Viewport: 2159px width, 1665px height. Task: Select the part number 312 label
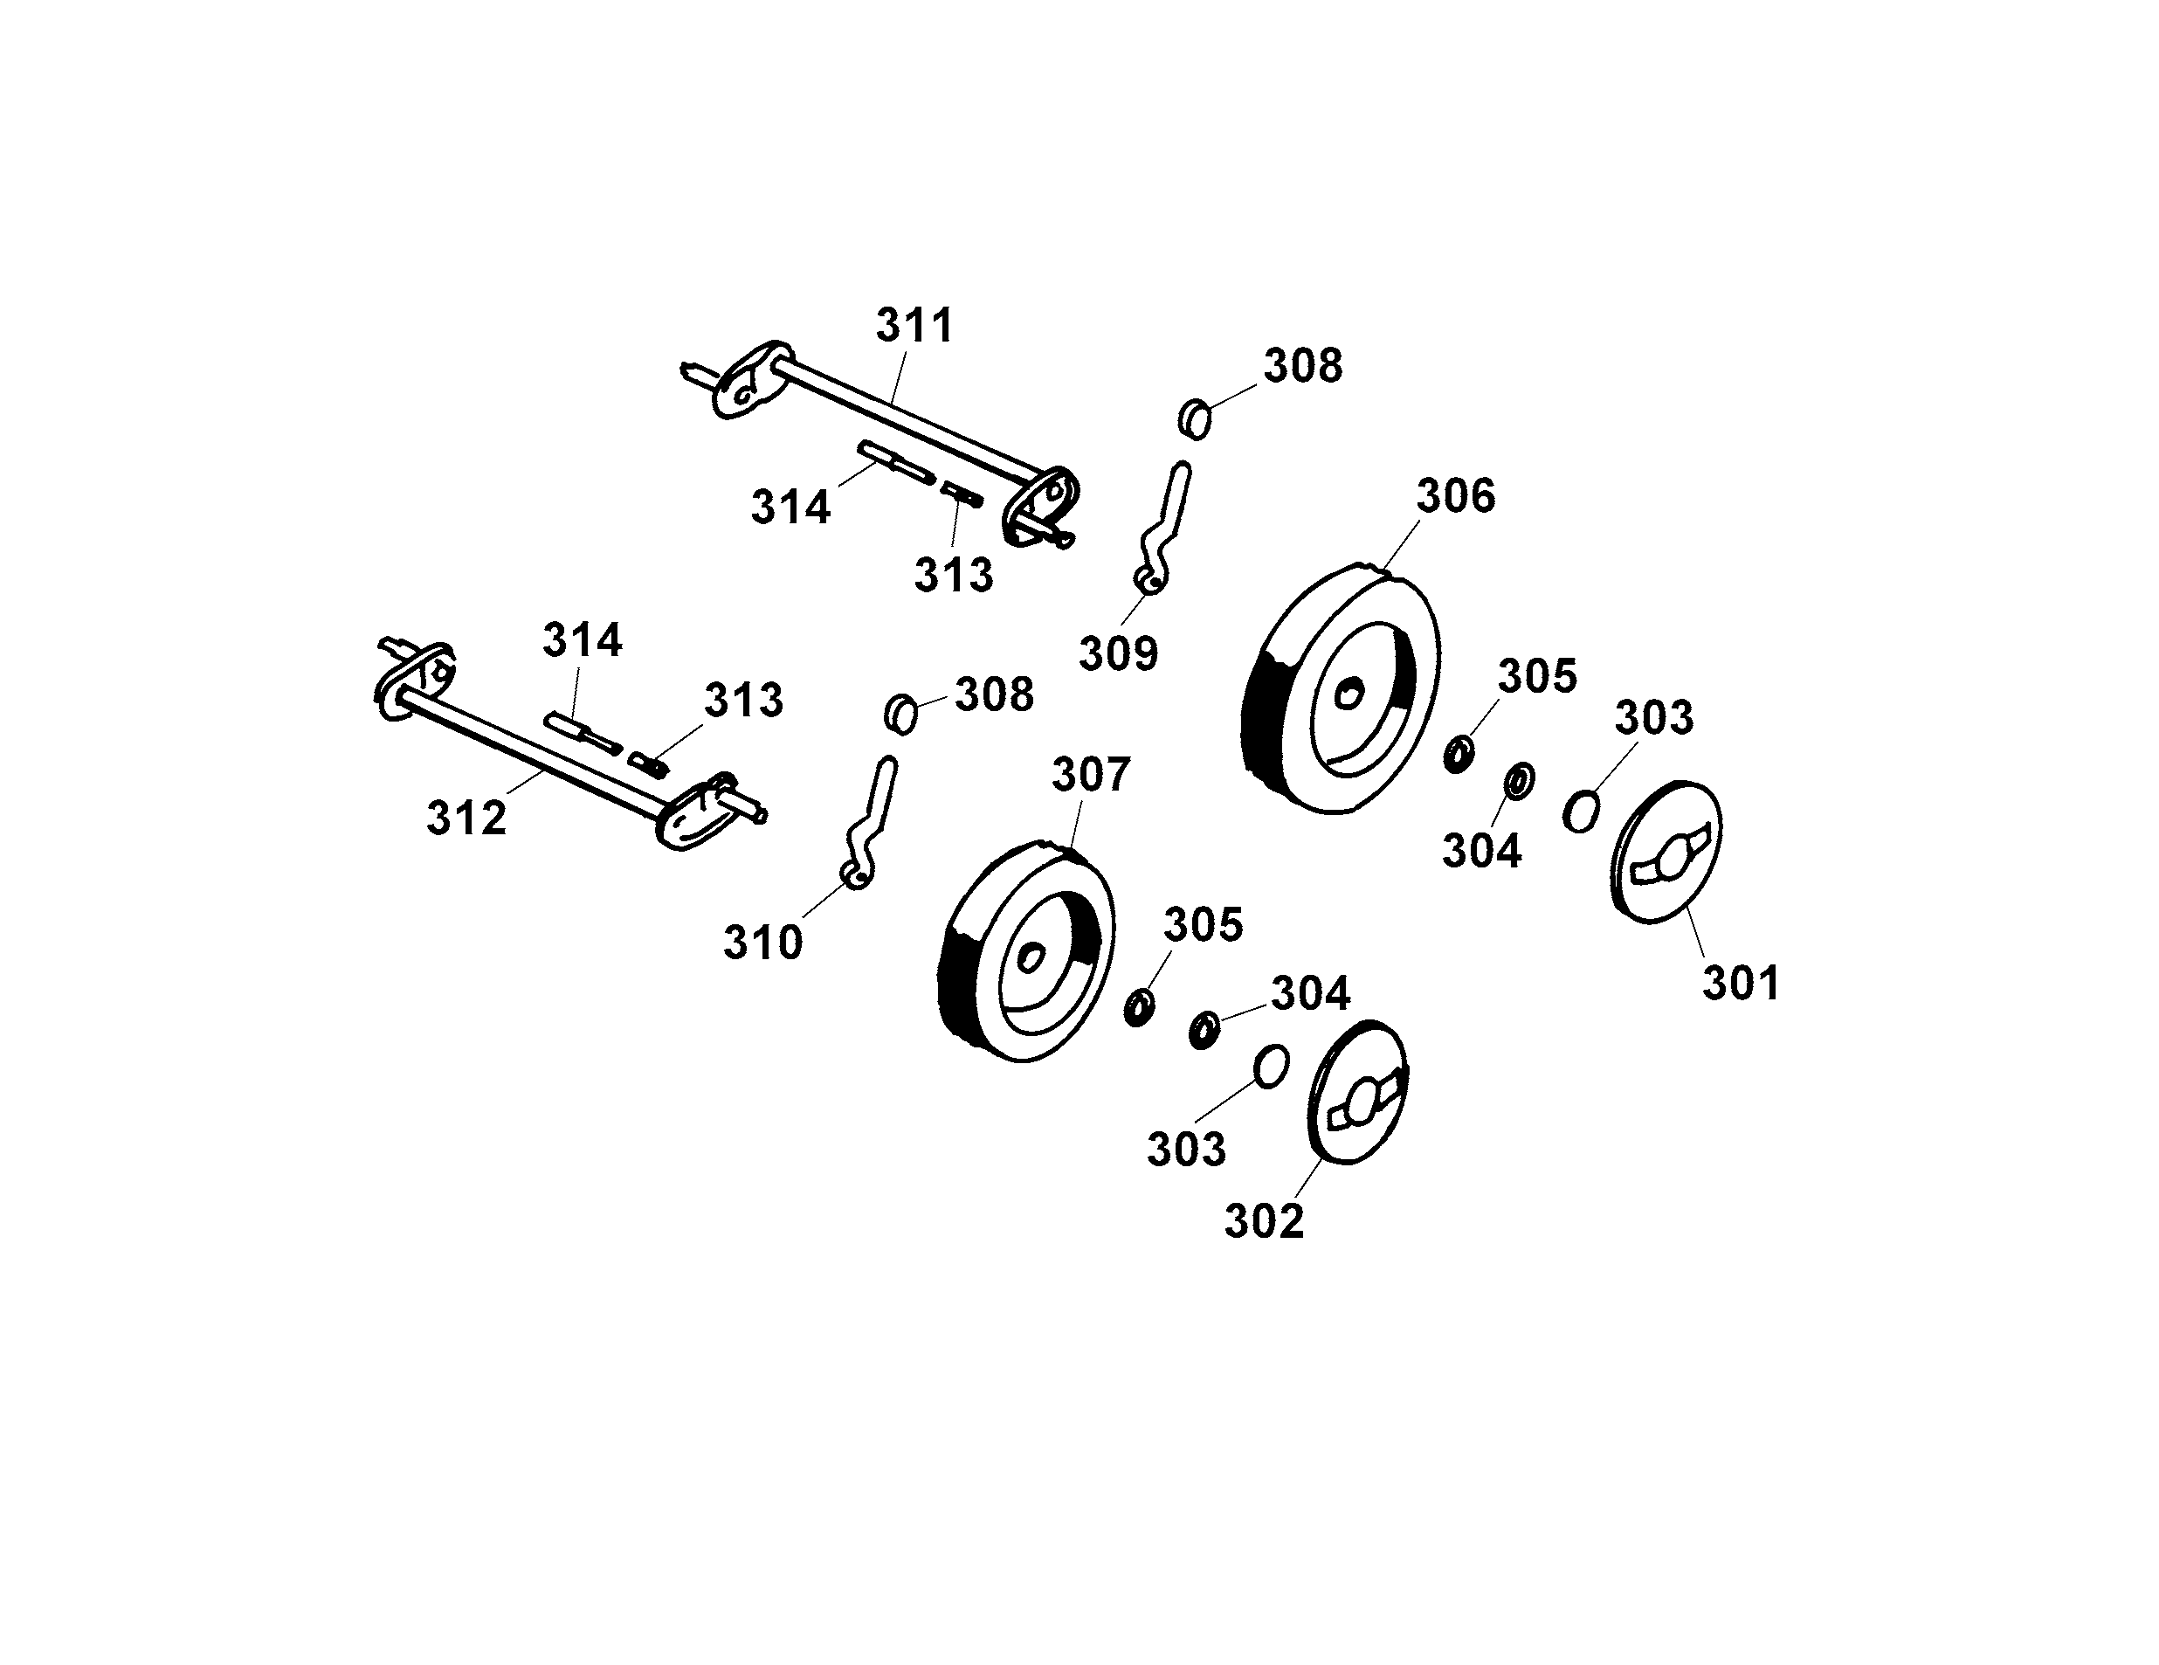(x=466, y=818)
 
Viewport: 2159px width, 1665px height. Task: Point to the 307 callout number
(x=1090, y=775)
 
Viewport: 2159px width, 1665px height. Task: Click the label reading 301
(x=1741, y=983)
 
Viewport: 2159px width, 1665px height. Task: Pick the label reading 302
(x=1265, y=1221)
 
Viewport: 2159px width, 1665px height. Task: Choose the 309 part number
(x=1118, y=653)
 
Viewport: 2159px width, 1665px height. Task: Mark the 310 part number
(x=762, y=943)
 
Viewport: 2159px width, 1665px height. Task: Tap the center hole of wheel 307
(x=1031, y=957)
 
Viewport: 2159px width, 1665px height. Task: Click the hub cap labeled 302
(x=1357, y=1092)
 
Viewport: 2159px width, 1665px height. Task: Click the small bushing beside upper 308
(x=1195, y=419)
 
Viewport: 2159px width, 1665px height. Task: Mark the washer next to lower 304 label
(x=1203, y=1030)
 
